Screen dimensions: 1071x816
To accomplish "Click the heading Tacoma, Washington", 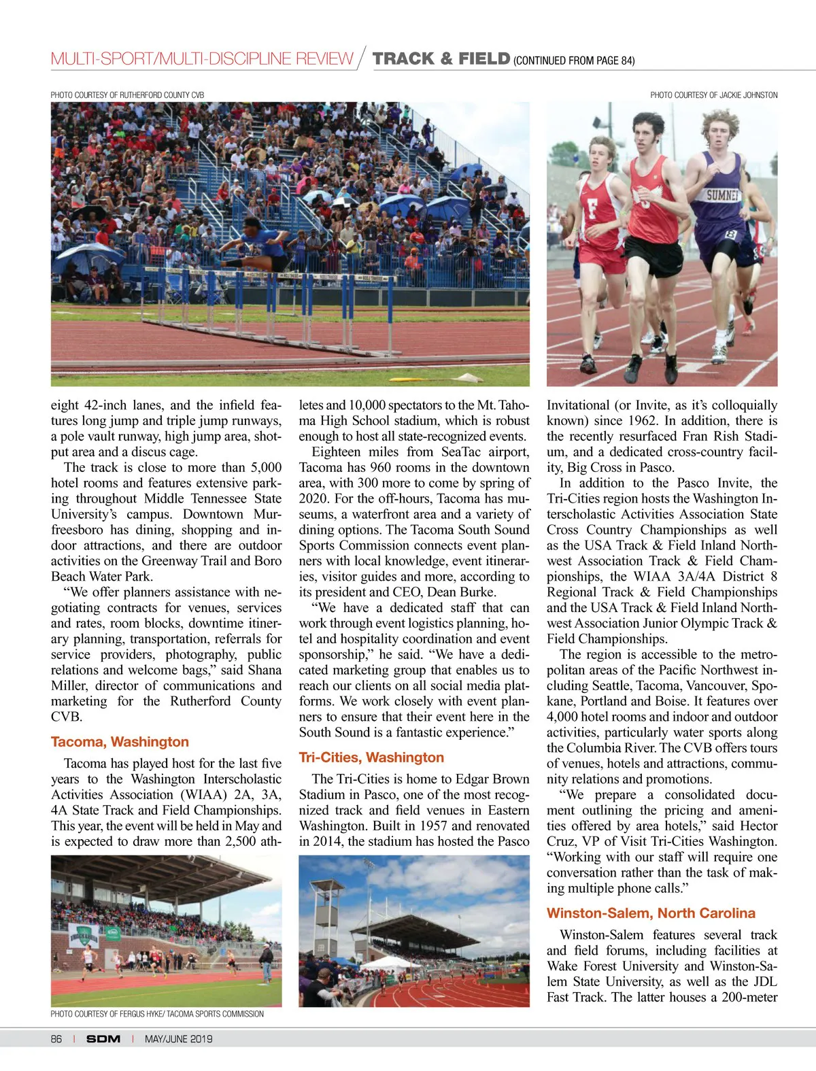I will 120,742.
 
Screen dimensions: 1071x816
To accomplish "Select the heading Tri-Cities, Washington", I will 371,758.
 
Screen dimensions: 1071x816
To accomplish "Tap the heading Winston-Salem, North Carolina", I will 651,913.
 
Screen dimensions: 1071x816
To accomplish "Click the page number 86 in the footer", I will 56,1039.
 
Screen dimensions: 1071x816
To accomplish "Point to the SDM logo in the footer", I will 103,1039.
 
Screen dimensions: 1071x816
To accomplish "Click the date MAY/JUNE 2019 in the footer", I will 178,1039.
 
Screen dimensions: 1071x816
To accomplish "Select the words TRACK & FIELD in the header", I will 441,59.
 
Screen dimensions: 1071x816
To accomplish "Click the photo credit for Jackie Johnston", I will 713,95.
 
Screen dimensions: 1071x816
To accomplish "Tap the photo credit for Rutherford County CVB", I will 127,95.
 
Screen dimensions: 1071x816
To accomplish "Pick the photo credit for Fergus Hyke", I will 157,1014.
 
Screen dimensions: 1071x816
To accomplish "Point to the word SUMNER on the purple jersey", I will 722,196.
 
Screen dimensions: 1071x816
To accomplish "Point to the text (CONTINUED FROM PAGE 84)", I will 574,61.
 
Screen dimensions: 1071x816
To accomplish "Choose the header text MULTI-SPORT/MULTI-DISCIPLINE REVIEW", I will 202,59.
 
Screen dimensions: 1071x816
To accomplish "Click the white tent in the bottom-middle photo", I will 390,964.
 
